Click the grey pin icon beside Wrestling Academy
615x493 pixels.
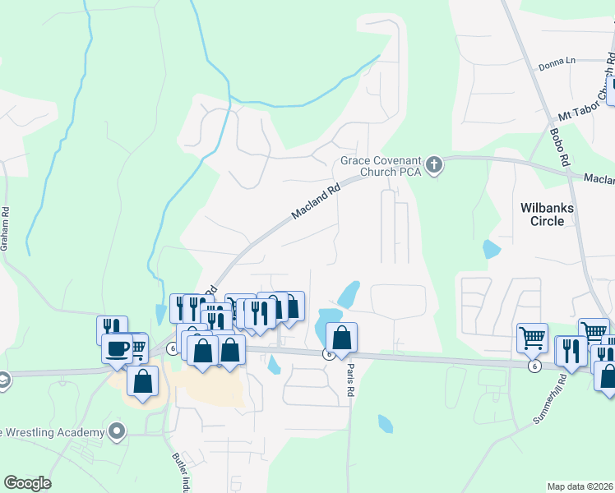point(117,431)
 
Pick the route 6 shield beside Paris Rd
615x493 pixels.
point(328,355)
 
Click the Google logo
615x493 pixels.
point(27,483)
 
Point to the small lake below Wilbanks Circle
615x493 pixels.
point(492,248)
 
